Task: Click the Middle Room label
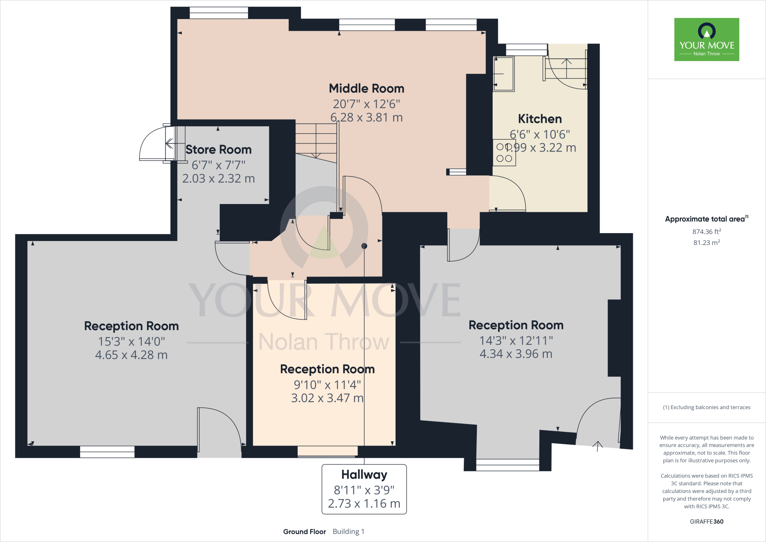pos(366,89)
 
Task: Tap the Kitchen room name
pos(539,119)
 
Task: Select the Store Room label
pos(218,150)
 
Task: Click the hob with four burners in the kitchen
pos(504,153)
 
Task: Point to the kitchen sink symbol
pos(503,74)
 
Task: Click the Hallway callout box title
pos(364,475)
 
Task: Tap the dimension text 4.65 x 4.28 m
pos(131,355)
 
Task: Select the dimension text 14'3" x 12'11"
pos(516,341)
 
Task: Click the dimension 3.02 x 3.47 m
pos(327,398)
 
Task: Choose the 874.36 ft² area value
pos(706,232)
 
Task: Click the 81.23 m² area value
pos(706,243)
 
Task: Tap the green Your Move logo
pos(706,39)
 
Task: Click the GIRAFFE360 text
pos(706,521)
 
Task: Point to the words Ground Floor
pos(304,532)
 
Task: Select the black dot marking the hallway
pos(364,246)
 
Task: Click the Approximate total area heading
pos(705,219)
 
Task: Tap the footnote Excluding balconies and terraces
pos(706,407)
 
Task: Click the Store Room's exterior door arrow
pos(170,143)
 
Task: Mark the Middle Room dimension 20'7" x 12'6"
pos(366,104)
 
